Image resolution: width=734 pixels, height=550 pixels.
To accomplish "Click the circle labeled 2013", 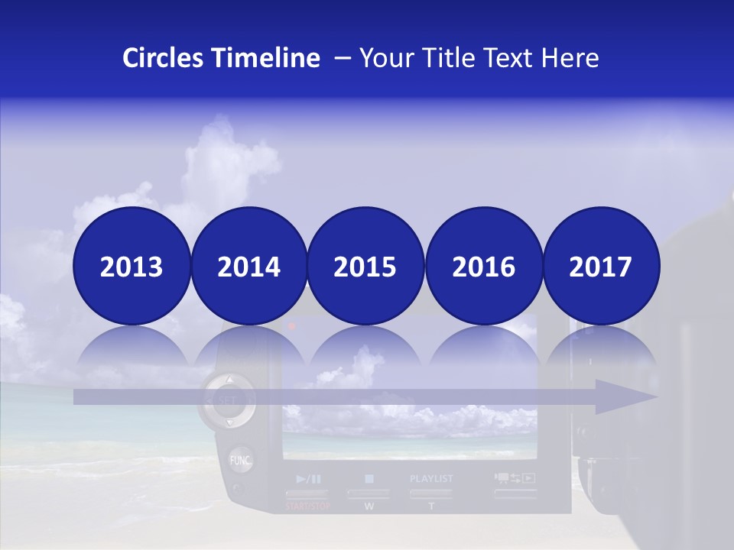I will tap(132, 266).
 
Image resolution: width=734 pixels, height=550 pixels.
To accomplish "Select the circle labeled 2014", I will tap(249, 266).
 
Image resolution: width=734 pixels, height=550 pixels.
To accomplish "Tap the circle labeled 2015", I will tap(365, 266).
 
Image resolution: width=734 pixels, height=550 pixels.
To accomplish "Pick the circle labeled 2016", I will tap(483, 266).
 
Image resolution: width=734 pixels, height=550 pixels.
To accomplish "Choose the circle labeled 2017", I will tap(601, 266).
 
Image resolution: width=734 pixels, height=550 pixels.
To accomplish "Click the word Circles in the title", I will tap(163, 58).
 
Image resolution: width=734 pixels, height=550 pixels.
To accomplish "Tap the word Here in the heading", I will tap(570, 58).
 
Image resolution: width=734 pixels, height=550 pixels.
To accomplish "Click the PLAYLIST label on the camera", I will tap(431, 479).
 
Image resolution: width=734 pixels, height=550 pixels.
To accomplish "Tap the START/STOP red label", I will tap(307, 506).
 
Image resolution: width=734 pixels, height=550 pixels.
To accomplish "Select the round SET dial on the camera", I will tap(228, 400).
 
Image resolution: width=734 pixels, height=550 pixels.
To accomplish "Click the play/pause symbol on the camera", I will tap(308, 479).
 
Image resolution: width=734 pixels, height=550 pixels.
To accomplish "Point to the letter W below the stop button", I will tap(369, 506).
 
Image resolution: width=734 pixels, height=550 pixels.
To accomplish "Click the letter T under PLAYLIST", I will tap(431, 506).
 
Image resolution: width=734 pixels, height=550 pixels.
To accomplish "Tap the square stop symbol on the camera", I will tap(369, 479).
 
